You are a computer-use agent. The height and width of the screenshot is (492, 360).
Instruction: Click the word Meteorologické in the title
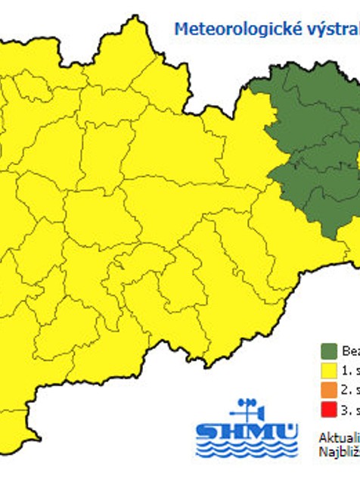click(223, 30)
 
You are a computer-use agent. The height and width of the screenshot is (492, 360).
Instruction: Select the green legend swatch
click(329, 351)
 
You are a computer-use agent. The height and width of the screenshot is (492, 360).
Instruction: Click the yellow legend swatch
click(329, 371)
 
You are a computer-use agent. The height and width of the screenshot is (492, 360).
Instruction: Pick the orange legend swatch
click(329, 391)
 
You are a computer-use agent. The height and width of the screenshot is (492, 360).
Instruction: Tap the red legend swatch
click(329, 410)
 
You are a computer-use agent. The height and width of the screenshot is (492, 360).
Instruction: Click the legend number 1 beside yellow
click(346, 371)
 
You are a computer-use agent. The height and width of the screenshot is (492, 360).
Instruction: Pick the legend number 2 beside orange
click(346, 391)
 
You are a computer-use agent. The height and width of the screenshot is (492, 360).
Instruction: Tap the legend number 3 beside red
click(346, 410)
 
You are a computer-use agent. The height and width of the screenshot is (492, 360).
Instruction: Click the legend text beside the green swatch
click(351, 351)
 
